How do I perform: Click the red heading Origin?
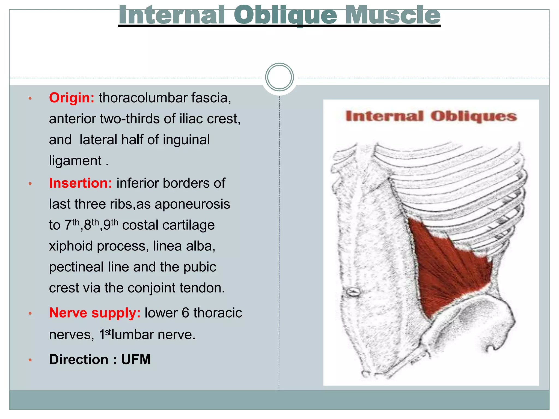click(72, 98)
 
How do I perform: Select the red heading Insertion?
click(81, 183)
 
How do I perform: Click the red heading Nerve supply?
click(95, 313)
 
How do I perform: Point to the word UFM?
click(136, 360)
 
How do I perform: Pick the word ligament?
click(75, 161)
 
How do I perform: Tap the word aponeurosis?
click(192, 204)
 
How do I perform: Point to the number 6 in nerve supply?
click(185, 313)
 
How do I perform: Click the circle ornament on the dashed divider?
click(279, 77)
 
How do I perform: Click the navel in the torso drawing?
click(353, 292)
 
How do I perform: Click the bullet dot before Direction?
click(30, 360)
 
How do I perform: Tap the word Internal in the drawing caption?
click(384, 116)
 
